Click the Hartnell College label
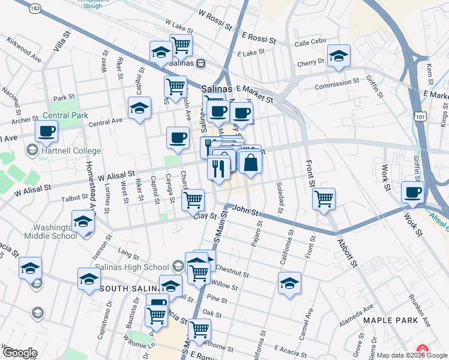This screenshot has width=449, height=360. pyautogui.click(x=70, y=151)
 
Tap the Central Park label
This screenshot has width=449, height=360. pyautogui.click(x=65, y=115)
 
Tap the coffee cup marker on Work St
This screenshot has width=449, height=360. pyautogui.click(x=412, y=192)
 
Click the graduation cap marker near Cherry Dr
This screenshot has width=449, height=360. pyautogui.click(x=339, y=56)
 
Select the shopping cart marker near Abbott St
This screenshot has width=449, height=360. pyautogui.click(x=324, y=199)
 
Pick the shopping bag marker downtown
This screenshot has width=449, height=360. pyautogui.click(x=251, y=163)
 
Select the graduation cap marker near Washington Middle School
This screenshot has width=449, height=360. pyautogui.click(x=83, y=221)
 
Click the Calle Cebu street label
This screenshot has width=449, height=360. pyautogui.click(x=310, y=43)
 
